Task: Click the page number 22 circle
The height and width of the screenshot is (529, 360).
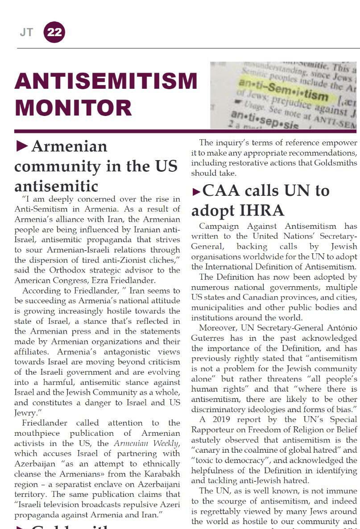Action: (54, 33)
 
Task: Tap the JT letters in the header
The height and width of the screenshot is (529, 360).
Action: (26, 33)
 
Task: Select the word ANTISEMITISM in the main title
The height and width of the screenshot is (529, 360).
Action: (106, 81)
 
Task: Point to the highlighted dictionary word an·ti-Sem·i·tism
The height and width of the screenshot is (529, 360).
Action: (283, 90)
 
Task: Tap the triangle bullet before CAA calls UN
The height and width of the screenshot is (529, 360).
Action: (196, 192)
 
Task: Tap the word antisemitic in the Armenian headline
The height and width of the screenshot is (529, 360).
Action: (56, 186)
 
